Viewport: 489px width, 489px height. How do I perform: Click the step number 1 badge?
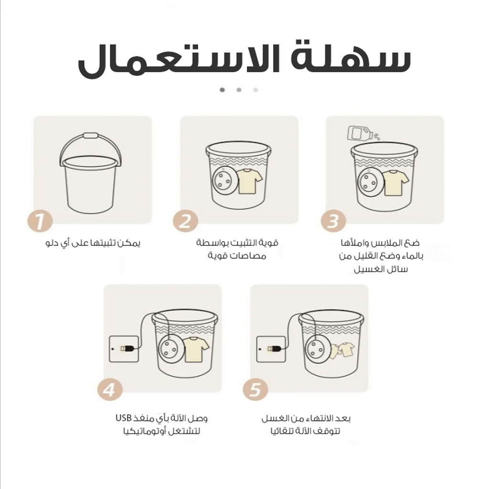(40, 221)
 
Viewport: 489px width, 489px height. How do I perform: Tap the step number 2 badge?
(186, 221)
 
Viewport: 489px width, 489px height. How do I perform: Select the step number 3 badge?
(333, 221)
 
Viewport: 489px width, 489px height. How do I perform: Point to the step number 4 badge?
(110, 390)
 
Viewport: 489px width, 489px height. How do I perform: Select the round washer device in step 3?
(371, 182)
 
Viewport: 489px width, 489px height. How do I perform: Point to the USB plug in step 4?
(128, 348)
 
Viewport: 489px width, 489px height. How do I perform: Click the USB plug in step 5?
(275, 348)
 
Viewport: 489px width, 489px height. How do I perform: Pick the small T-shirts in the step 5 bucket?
(342, 351)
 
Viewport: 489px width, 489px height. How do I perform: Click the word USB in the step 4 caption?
(124, 417)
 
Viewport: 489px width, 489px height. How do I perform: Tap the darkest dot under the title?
(223, 90)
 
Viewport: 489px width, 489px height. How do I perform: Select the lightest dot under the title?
(256, 90)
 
